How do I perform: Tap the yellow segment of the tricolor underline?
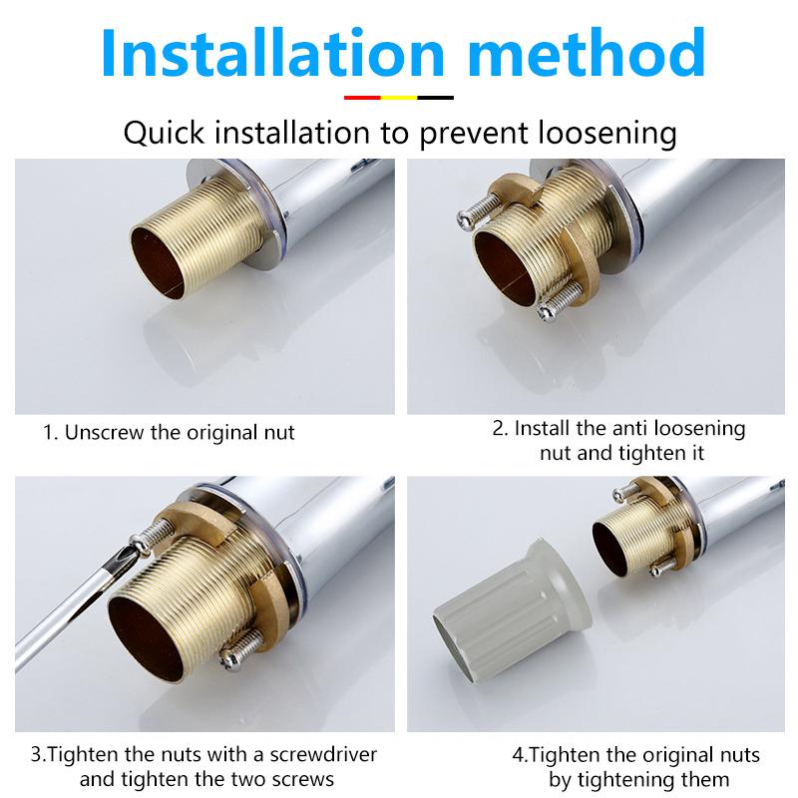[x=399, y=98]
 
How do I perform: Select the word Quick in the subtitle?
[x=164, y=133]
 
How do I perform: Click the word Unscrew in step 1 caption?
[x=107, y=433]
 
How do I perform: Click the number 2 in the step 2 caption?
[x=499, y=428]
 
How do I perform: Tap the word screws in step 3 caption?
[x=305, y=779]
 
